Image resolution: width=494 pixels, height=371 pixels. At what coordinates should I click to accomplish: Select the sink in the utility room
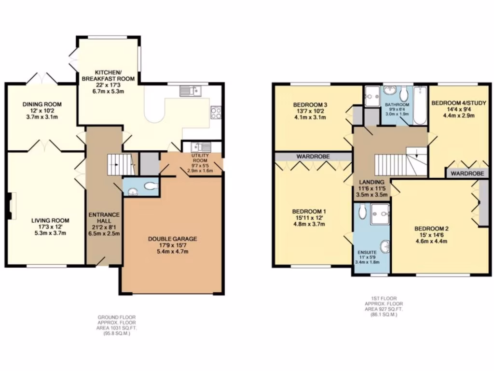(x=199, y=147)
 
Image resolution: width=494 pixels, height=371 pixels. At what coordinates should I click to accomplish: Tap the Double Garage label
(x=172, y=239)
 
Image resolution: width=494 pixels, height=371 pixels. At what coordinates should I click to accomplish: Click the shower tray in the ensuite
(x=380, y=214)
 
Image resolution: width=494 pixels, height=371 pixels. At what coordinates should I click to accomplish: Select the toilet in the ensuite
(x=361, y=211)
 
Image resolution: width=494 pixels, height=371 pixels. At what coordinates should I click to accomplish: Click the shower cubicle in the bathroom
(x=372, y=96)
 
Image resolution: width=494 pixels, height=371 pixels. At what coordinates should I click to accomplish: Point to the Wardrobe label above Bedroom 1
(x=313, y=157)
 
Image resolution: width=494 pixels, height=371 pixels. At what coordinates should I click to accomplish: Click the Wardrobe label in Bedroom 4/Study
(x=467, y=173)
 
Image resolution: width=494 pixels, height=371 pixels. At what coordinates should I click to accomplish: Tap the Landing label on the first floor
(x=371, y=182)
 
